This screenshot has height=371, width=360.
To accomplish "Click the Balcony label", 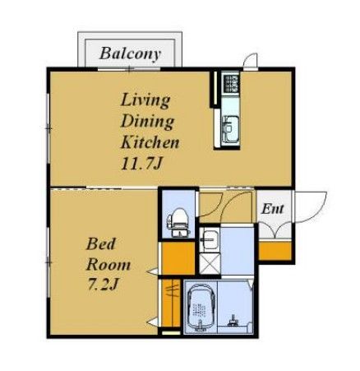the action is coord(130,53).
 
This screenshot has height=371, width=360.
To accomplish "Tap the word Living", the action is coord(145,100).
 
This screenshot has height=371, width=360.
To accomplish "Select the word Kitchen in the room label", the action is coord(150,142).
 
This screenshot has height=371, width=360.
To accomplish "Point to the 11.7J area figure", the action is coord(141,164).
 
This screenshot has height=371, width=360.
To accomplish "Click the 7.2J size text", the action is coord(103,284).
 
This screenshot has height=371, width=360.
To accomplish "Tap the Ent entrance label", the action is coord(272,209).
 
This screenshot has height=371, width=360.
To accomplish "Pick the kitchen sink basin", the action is coord(231,127).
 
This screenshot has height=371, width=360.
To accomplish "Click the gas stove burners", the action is coord(232,83).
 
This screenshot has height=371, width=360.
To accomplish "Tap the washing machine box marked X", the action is coord(210,264).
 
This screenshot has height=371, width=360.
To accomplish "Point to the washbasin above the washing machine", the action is coord(210,238).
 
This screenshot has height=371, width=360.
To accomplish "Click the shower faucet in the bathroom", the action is coord(233,321).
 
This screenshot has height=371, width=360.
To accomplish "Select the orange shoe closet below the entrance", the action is coord(275,251).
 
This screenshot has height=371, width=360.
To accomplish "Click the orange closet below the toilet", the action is coord(178,258).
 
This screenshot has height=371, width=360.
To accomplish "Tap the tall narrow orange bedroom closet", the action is coord(171,303).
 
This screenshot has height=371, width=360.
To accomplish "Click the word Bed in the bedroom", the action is coord(100,243).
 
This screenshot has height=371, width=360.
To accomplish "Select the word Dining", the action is coord(147,121).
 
